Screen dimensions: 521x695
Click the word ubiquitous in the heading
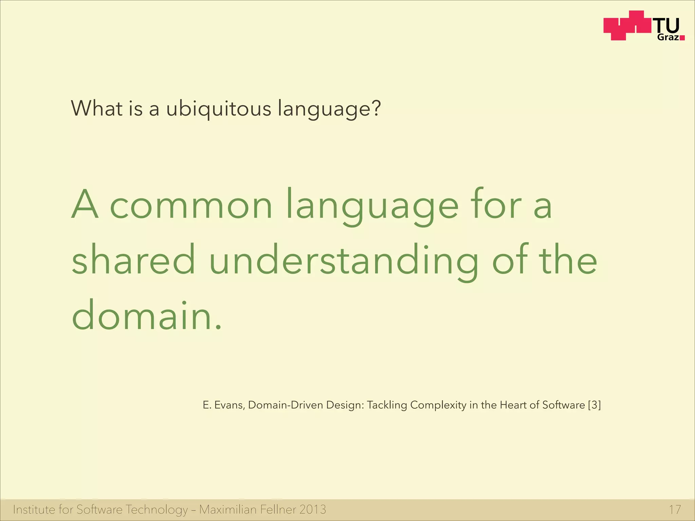point(219,109)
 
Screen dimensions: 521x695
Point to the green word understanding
point(344,261)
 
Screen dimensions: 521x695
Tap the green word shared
point(133,261)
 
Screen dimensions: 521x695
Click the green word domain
point(142,316)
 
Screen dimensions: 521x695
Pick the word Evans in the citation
point(229,405)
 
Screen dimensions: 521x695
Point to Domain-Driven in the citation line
point(285,405)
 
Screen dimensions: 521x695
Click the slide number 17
point(675,510)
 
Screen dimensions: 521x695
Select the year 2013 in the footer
point(313,510)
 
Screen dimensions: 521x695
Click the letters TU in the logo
point(667,26)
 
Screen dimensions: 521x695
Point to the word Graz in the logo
point(668,38)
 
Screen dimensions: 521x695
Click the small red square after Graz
point(682,38)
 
